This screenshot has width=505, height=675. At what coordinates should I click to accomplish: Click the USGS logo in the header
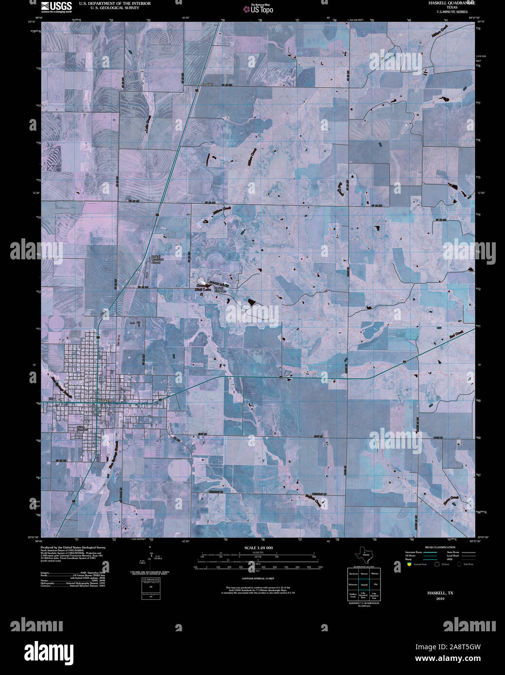56,6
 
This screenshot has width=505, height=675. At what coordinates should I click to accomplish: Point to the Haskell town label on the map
104,401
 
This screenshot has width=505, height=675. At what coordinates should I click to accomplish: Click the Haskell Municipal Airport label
156,259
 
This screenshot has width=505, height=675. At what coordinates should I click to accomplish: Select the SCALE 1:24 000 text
259,548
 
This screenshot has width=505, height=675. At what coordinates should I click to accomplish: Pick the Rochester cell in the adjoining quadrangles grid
353,574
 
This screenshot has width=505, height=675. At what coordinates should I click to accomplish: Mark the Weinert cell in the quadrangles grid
364,574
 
